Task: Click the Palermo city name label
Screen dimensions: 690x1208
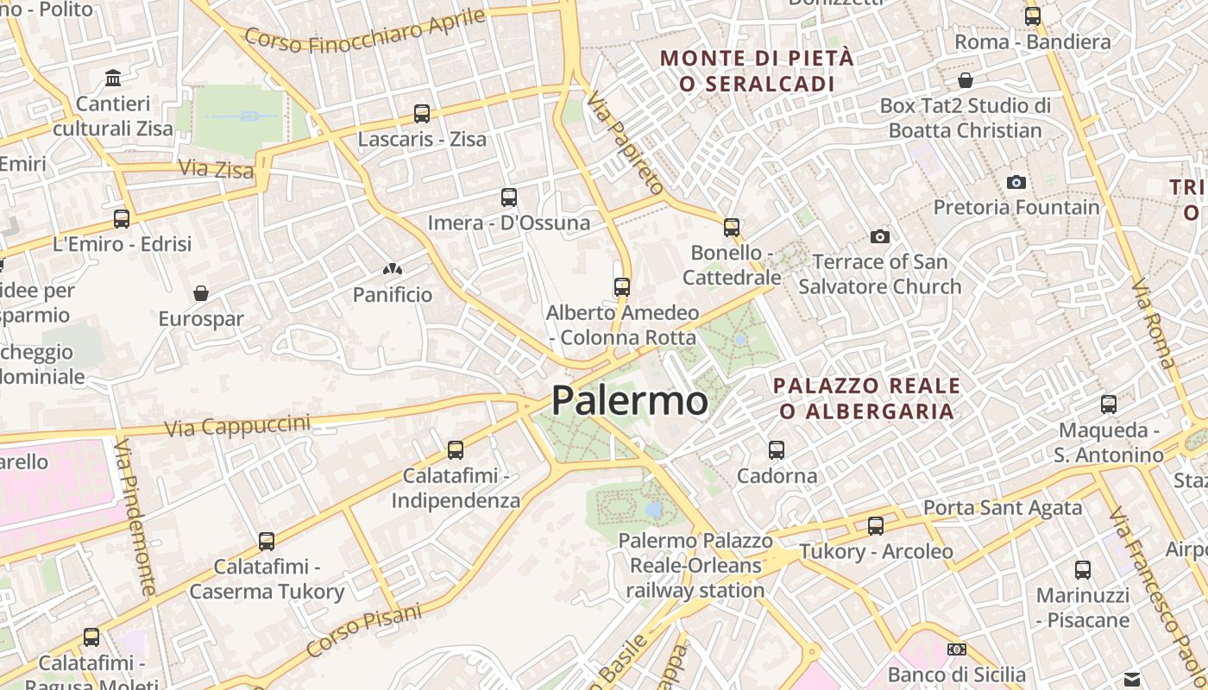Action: pyautogui.click(x=630, y=401)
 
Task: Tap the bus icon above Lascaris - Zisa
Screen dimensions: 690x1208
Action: pyautogui.click(x=422, y=113)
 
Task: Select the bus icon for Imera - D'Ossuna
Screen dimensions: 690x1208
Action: pyautogui.click(x=509, y=197)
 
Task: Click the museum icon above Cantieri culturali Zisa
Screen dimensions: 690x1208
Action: pyautogui.click(x=113, y=78)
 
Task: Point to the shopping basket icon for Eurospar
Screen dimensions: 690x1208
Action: pyautogui.click(x=201, y=293)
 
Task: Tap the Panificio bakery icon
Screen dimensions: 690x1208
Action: pyautogui.click(x=393, y=269)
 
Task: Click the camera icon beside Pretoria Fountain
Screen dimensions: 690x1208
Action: pyautogui.click(x=1016, y=182)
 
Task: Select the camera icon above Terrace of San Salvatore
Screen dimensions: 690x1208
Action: pyautogui.click(x=880, y=236)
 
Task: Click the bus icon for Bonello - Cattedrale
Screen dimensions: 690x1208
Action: pyautogui.click(x=732, y=228)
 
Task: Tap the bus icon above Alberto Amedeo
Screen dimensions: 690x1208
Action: pyautogui.click(x=622, y=286)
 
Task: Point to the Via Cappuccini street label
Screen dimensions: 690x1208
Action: pyautogui.click(x=236, y=425)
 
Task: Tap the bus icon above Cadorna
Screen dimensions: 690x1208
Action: pyautogui.click(x=777, y=449)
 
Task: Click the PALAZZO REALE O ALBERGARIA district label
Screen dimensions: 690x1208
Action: pyautogui.click(x=866, y=398)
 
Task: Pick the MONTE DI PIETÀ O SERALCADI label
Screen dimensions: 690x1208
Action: pyautogui.click(x=757, y=71)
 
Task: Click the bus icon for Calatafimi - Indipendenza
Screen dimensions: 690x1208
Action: pyautogui.click(x=456, y=449)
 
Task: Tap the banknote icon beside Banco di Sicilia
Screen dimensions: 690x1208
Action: pyautogui.click(x=956, y=649)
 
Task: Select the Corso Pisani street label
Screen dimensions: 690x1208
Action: pyautogui.click(x=364, y=630)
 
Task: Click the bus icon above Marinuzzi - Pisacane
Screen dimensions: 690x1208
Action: pyautogui.click(x=1083, y=569)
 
